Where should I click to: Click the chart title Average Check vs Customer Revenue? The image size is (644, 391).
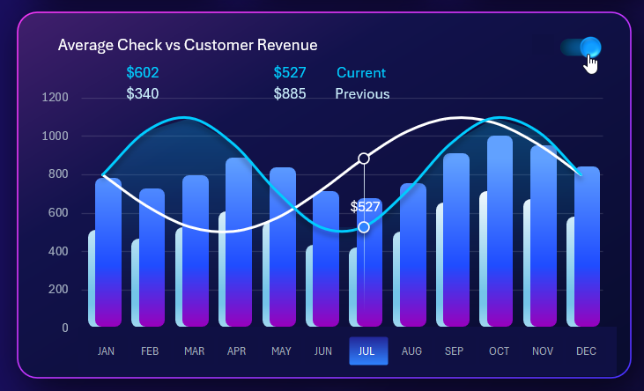point(187,45)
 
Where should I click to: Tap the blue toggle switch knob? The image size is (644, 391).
point(590,47)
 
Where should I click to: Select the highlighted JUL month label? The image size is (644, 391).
point(367,350)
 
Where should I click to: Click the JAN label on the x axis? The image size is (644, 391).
point(106,351)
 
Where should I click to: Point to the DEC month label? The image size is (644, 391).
point(586,351)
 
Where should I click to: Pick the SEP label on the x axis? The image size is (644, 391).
point(455,351)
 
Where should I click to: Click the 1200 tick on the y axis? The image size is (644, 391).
point(55,97)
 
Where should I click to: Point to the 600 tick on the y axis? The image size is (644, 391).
point(58,212)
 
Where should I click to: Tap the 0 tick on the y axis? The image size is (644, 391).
point(64,328)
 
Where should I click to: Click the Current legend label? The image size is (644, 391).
point(361,72)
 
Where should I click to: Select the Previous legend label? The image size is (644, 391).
point(362,93)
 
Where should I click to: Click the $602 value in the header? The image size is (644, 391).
point(143,72)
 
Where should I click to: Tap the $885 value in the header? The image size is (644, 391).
point(290,93)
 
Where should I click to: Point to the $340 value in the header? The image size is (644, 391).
point(143,93)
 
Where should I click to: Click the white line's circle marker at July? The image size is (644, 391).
point(364,159)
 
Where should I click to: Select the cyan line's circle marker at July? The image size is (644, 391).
point(364,227)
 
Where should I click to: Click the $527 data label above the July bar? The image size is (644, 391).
point(365,207)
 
